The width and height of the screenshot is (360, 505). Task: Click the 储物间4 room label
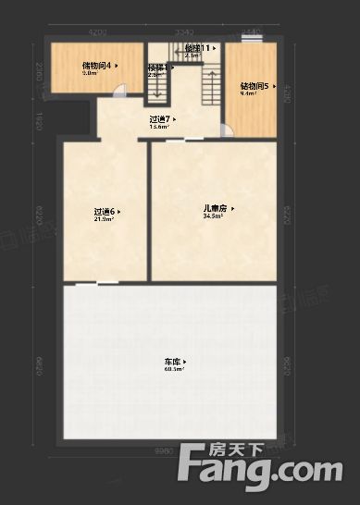[x=97, y=66]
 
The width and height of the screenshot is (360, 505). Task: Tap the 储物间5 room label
[x=254, y=86]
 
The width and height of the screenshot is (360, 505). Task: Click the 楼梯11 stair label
[x=198, y=47]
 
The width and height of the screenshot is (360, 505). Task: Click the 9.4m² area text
[x=248, y=94]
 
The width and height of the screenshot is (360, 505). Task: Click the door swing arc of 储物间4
[x=119, y=90]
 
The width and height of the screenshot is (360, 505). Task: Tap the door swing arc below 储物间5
[x=228, y=129]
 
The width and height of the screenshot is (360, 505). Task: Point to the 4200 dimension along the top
[x=97, y=32]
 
